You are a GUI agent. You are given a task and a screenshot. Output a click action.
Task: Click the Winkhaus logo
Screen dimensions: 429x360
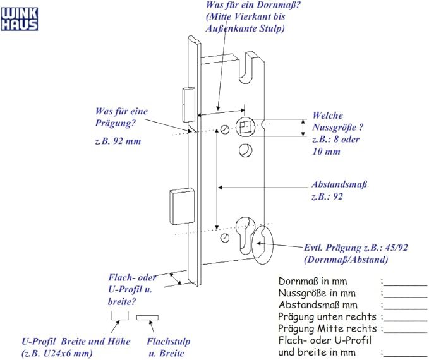(x=19, y=19)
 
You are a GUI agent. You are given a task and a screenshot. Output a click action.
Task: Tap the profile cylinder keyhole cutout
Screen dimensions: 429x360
(x=245, y=235)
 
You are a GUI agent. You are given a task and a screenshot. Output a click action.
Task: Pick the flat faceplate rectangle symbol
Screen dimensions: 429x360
(x=147, y=318)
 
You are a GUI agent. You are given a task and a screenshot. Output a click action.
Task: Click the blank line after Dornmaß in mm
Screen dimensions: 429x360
(x=405, y=285)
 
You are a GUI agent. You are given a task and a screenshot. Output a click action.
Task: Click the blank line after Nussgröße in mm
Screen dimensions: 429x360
(x=405, y=297)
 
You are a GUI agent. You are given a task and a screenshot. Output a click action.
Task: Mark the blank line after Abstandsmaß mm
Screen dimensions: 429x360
(x=405, y=309)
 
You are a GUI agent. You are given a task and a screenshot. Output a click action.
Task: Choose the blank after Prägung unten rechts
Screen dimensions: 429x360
(x=405, y=321)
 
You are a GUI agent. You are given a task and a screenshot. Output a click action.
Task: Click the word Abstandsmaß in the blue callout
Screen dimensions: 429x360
(x=339, y=184)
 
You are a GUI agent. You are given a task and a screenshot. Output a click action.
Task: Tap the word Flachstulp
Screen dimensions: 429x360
(x=168, y=341)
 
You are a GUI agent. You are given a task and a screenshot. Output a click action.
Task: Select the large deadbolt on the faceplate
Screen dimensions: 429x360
(x=182, y=206)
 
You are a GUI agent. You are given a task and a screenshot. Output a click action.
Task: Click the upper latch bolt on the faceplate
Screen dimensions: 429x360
(x=188, y=104)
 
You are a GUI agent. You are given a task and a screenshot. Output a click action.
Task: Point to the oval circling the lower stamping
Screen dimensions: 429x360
(x=262, y=244)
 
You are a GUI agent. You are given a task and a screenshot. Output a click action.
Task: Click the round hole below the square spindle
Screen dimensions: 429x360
(x=245, y=150)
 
